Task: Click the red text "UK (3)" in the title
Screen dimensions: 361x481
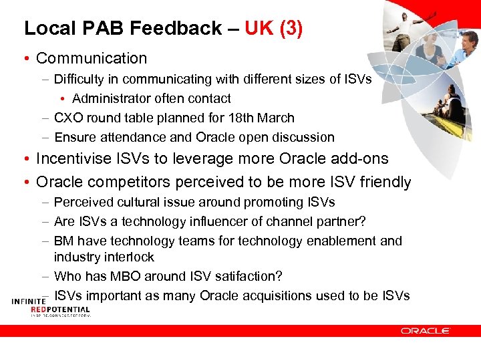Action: pyautogui.click(x=273, y=28)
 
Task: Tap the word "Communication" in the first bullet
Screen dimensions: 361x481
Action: pyautogui.click(x=92, y=59)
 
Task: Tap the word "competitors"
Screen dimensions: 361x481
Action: pyautogui.click(x=122, y=182)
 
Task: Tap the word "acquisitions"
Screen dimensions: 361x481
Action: pyautogui.click(x=298, y=295)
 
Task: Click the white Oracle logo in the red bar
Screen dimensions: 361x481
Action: pyautogui.click(x=426, y=330)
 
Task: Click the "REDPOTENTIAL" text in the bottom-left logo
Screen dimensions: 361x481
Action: pyautogui.click(x=60, y=310)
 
